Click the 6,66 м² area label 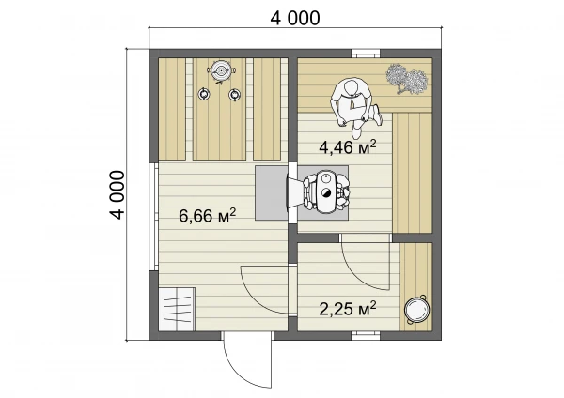207,216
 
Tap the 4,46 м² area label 348,147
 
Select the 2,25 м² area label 348,309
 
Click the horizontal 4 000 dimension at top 295,18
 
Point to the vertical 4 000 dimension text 117,194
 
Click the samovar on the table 220,71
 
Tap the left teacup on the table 204,94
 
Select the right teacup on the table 234,95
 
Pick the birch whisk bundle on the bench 407,79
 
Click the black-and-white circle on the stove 326,192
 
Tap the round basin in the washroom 416,309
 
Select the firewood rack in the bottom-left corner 177,309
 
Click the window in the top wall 366,54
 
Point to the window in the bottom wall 366,335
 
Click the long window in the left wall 153,217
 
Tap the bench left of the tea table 172,109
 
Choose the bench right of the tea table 267,109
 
